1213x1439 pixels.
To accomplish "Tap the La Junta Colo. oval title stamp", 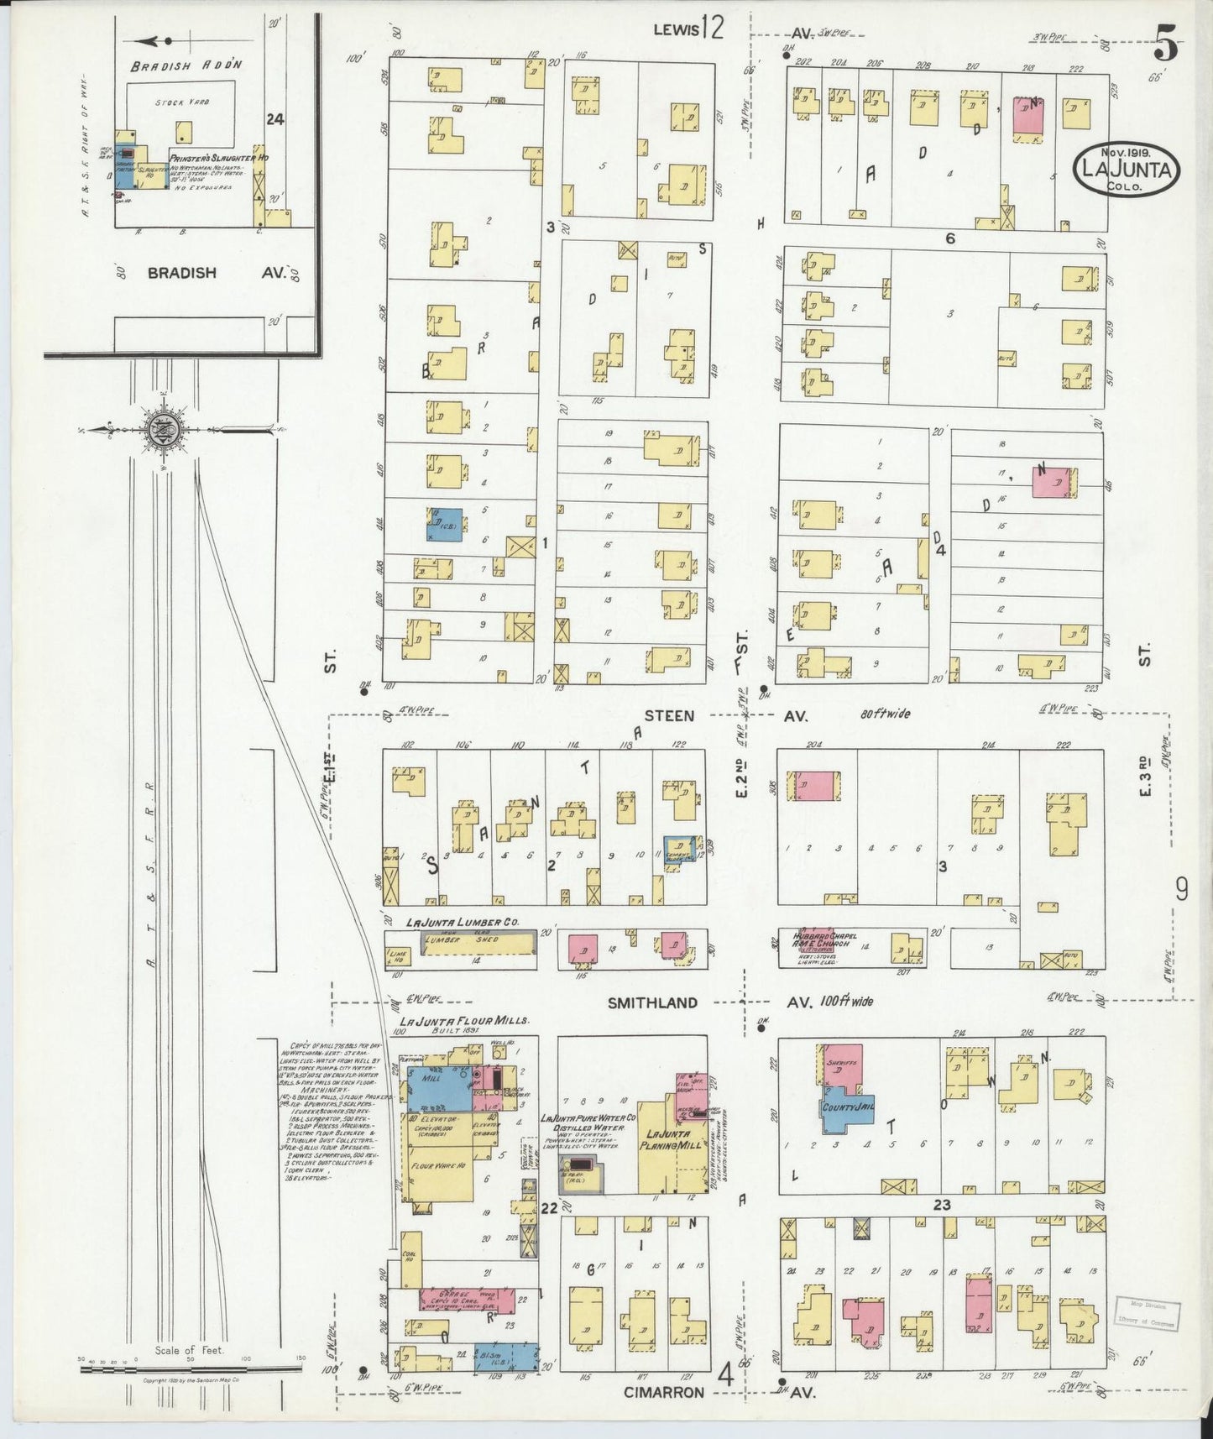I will pyautogui.click(x=1126, y=170).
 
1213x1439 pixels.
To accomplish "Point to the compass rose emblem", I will pyautogui.click(x=160, y=430).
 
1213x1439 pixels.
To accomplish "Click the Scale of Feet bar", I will pyautogui.click(x=191, y=1369).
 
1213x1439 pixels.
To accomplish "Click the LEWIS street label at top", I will pyautogui.click(x=677, y=30).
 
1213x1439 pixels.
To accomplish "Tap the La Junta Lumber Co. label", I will pyautogui.click(x=463, y=922).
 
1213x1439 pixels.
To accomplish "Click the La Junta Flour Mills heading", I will pyautogui.click(x=464, y=1021).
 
